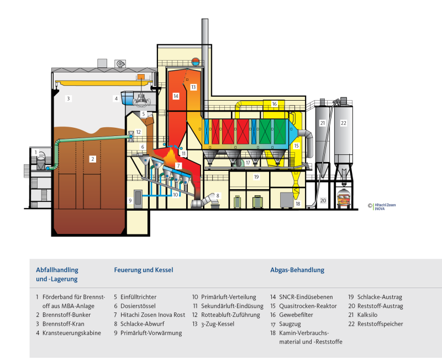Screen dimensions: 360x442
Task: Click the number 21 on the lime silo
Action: [323, 123]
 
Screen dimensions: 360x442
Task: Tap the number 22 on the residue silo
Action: [343, 123]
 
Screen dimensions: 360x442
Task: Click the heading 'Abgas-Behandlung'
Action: [297, 270]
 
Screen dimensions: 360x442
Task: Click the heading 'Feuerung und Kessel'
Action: [144, 270]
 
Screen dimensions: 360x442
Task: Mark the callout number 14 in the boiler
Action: [176, 96]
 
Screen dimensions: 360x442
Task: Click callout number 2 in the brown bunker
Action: [93, 159]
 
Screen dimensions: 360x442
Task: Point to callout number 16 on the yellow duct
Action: [274, 104]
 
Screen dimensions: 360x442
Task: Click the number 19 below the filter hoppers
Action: [256, 177]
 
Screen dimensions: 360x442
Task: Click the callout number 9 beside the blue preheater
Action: [130, 200]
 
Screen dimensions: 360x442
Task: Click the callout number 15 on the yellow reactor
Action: [296, 146]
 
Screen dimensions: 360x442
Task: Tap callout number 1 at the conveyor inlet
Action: [35, 152]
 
